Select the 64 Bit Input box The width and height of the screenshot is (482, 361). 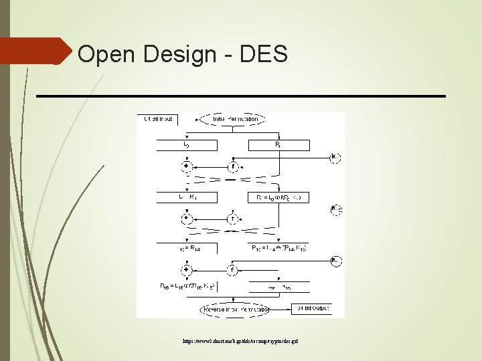(158, 119)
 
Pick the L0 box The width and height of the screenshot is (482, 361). (186, 145)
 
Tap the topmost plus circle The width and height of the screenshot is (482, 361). (186, 166)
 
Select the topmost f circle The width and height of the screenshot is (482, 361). (232, 166)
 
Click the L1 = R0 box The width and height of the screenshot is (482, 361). (186, 197)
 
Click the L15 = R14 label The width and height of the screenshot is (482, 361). (186, 248)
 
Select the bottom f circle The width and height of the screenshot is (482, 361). (232, 270)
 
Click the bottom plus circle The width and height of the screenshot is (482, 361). (186, 270)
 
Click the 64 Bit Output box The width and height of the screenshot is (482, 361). (311, 309)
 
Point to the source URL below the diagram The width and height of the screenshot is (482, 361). (240, 341)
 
